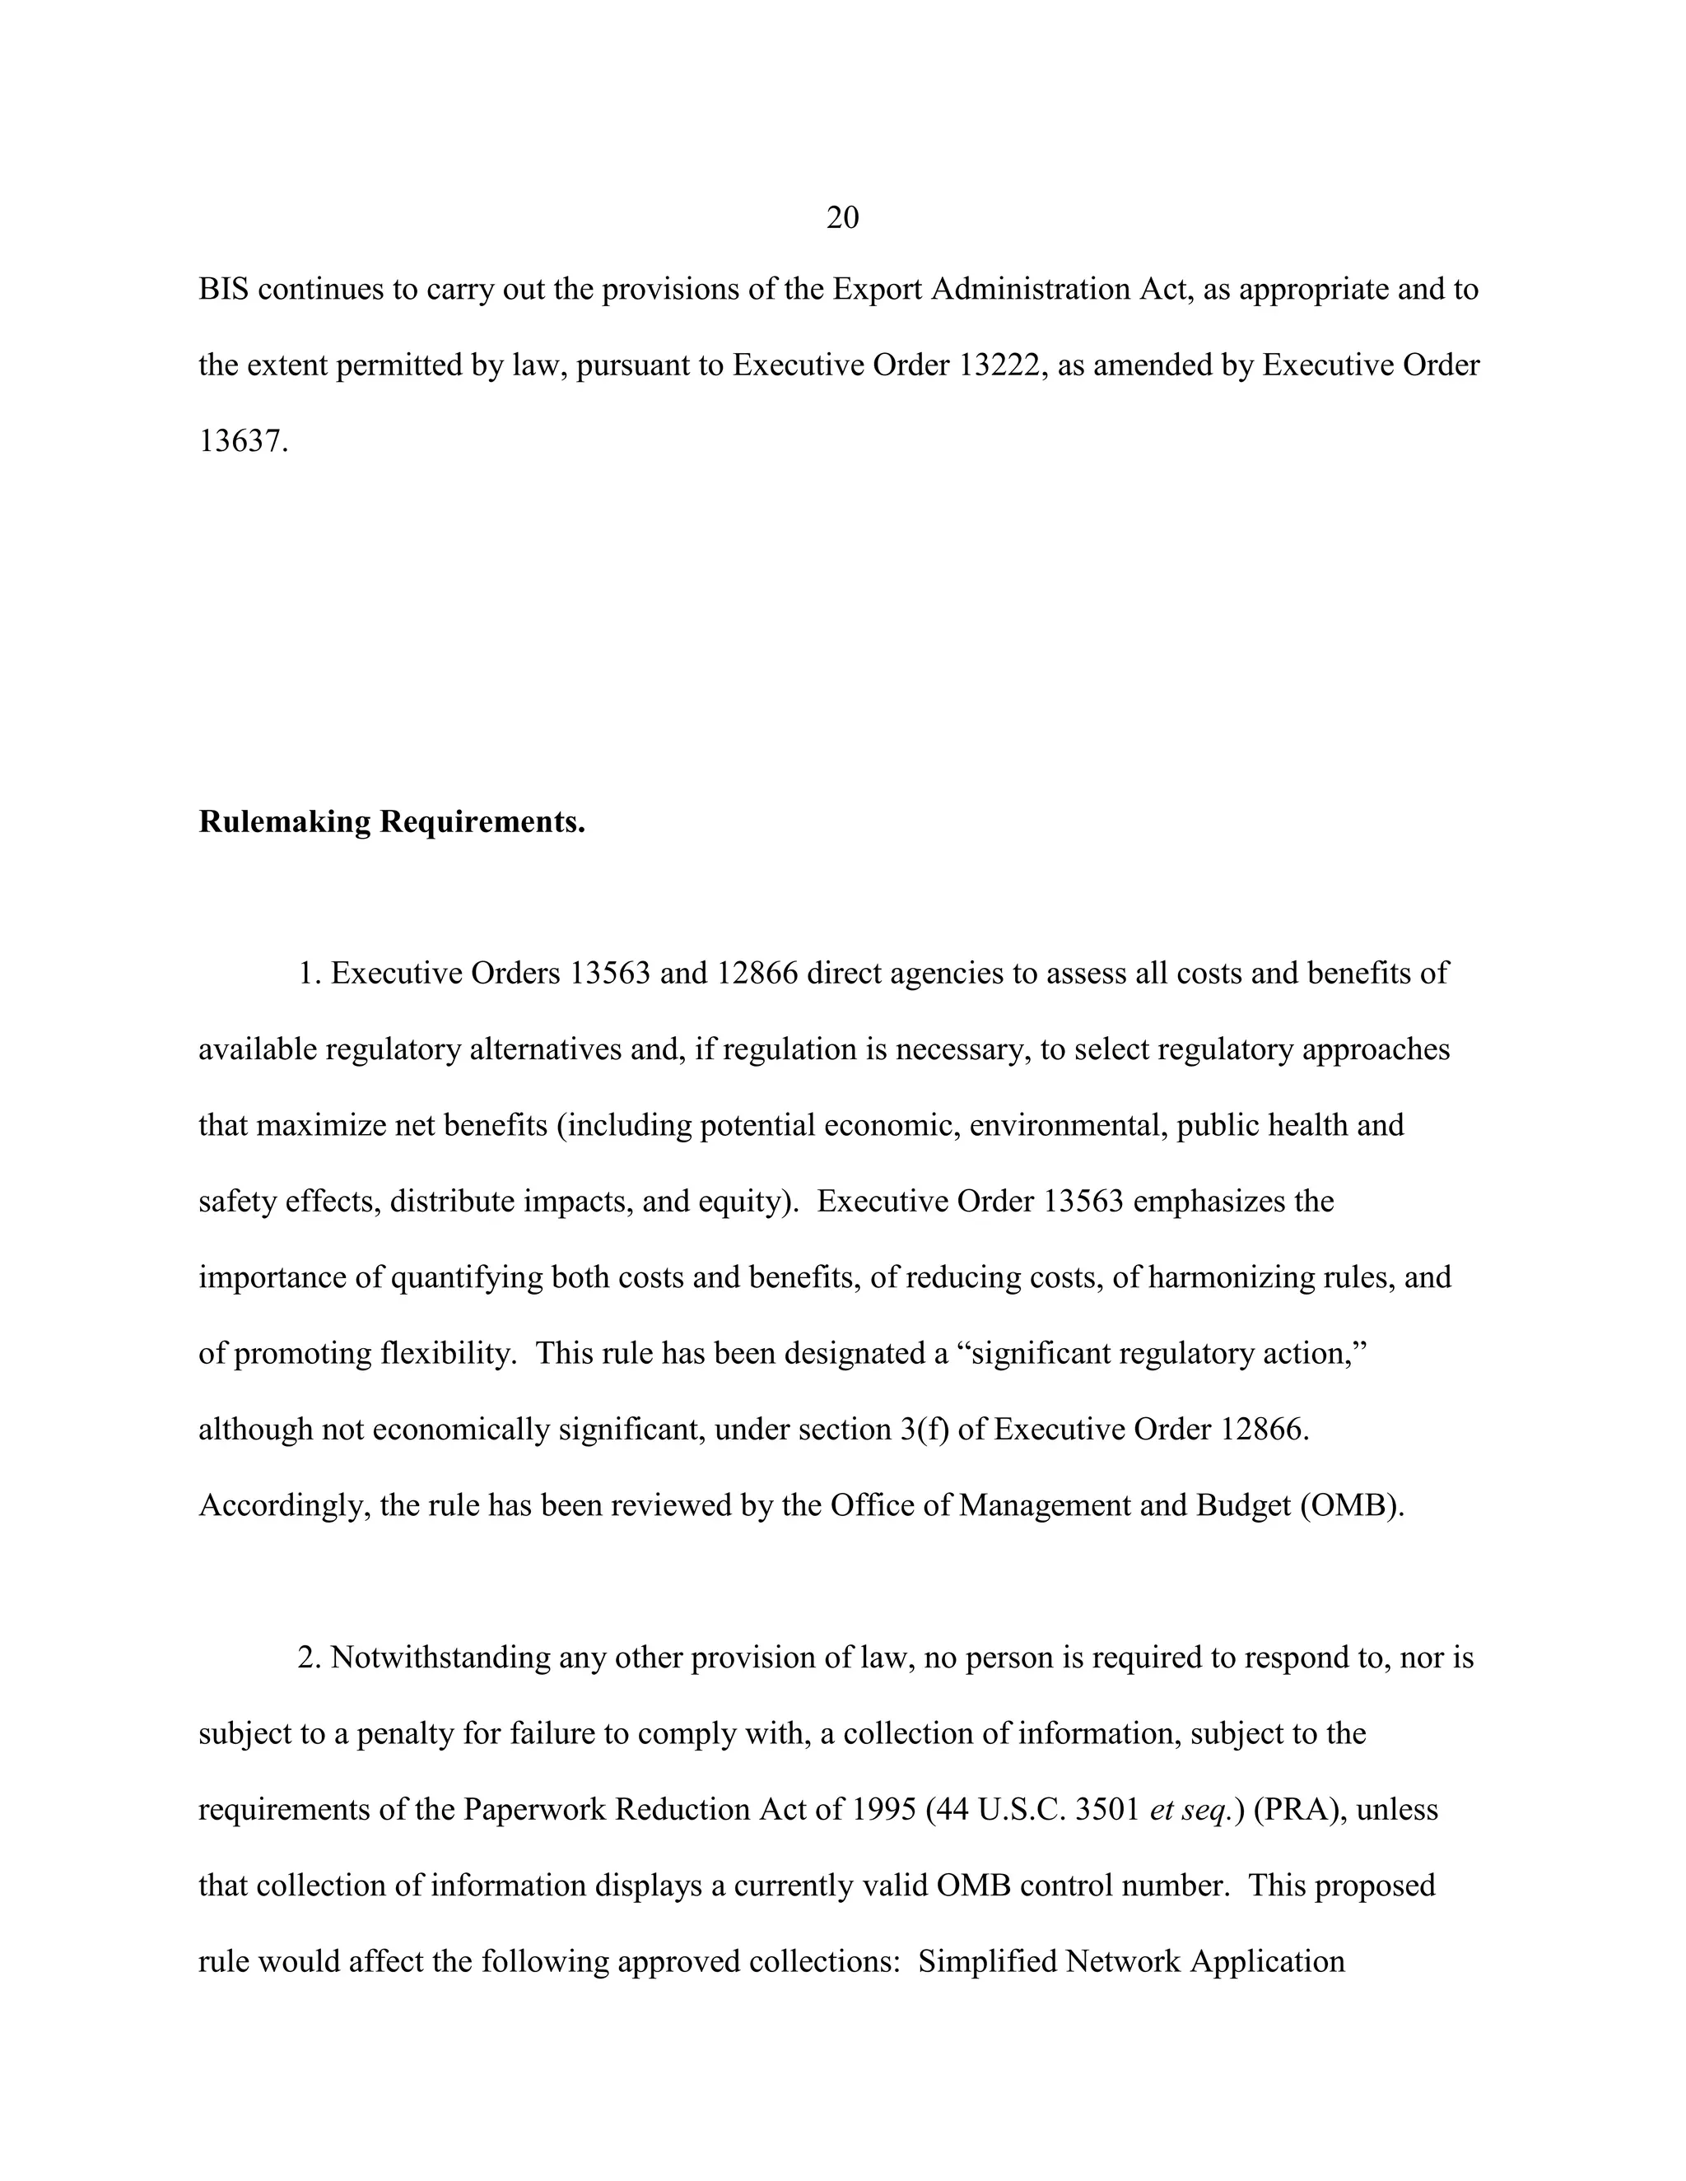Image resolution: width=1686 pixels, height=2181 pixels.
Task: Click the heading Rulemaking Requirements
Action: pos(392,822)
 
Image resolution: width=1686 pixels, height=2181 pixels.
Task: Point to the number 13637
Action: pos(243,441)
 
